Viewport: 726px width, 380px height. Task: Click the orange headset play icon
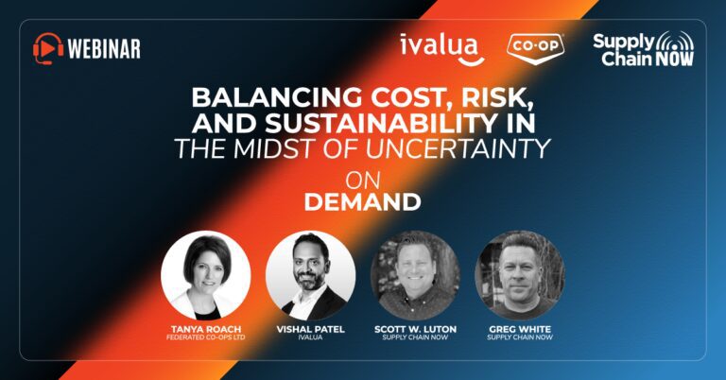click(x=48, y=48)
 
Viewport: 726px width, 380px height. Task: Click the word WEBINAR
click(x=104, y=49)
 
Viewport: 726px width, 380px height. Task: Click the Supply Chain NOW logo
click(x=644, y=48)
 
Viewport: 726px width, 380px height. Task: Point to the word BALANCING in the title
click(x=276, y=97)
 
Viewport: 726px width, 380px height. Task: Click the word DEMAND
click(x=363, y=202)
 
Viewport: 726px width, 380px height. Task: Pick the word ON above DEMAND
click(x=363, y=180)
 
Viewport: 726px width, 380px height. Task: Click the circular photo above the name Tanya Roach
click(x=206, y=275)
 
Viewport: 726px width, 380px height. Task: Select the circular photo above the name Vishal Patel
click(x=311, y=275)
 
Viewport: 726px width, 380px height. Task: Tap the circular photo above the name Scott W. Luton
click(x=415, y=275)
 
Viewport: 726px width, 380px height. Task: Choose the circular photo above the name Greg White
click(x=520, y=275)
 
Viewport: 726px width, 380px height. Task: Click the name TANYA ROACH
click(x=206, y=329)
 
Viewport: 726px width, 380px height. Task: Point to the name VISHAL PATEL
click(x=311, y=329)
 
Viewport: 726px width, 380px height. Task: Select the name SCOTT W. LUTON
click(x=415, y=329)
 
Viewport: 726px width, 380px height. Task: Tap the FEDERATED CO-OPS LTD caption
click(x=206, y=337)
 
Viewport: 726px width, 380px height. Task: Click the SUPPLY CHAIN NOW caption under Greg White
click(x=520, y=337)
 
